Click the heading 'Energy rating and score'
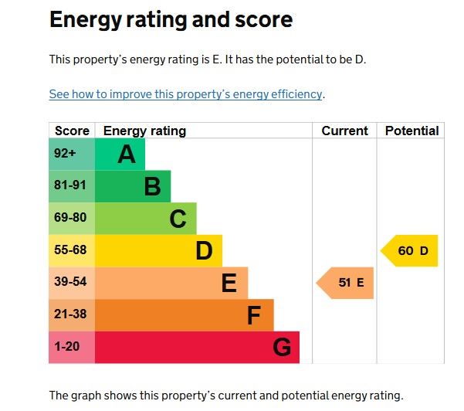171,20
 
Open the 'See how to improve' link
185,94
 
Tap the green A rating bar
120,155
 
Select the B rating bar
133,186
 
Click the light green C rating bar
146,219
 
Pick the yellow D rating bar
158,251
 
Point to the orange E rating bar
171,283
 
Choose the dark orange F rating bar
184,315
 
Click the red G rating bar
197,347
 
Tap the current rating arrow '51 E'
346,283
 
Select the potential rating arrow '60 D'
411,251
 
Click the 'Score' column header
72,131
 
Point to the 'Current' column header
344,131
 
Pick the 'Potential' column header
412,131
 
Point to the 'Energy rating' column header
144,131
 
